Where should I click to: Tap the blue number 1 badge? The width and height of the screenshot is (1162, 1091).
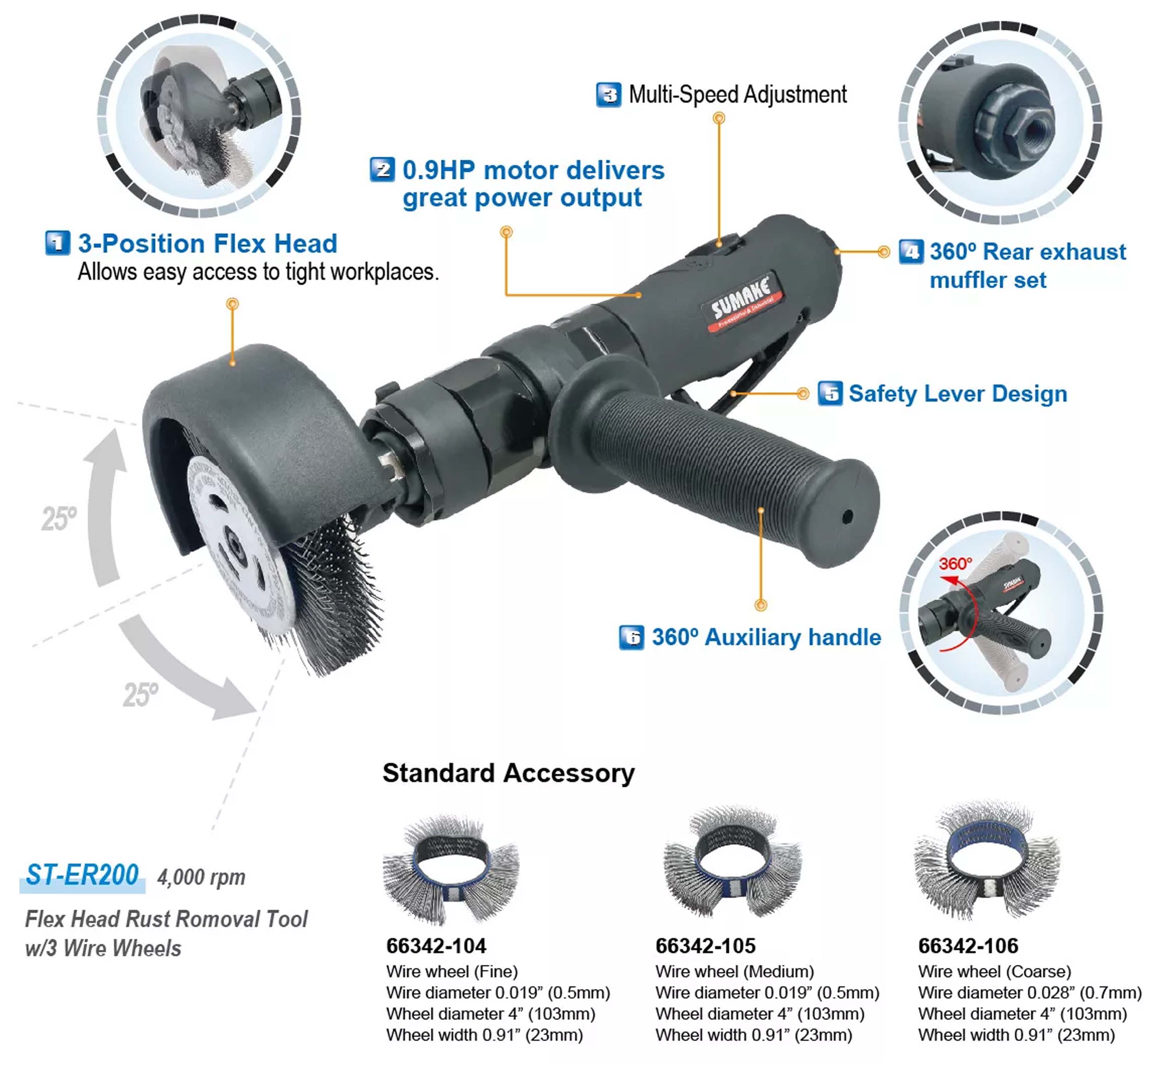(57, 243)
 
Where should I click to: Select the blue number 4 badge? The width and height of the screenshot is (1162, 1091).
(911, 252)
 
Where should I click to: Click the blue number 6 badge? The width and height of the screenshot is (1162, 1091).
(631, 637)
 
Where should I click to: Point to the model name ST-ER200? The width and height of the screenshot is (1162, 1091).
(82, 875)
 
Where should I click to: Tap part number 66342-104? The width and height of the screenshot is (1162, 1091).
(436, 945)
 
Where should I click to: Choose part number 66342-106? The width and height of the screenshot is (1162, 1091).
(968, 945)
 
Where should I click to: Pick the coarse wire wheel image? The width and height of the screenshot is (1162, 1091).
(987, 859)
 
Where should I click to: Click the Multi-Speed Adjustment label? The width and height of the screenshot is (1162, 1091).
(738, 95)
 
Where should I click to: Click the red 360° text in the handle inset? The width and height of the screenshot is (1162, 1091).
(955, 564)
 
